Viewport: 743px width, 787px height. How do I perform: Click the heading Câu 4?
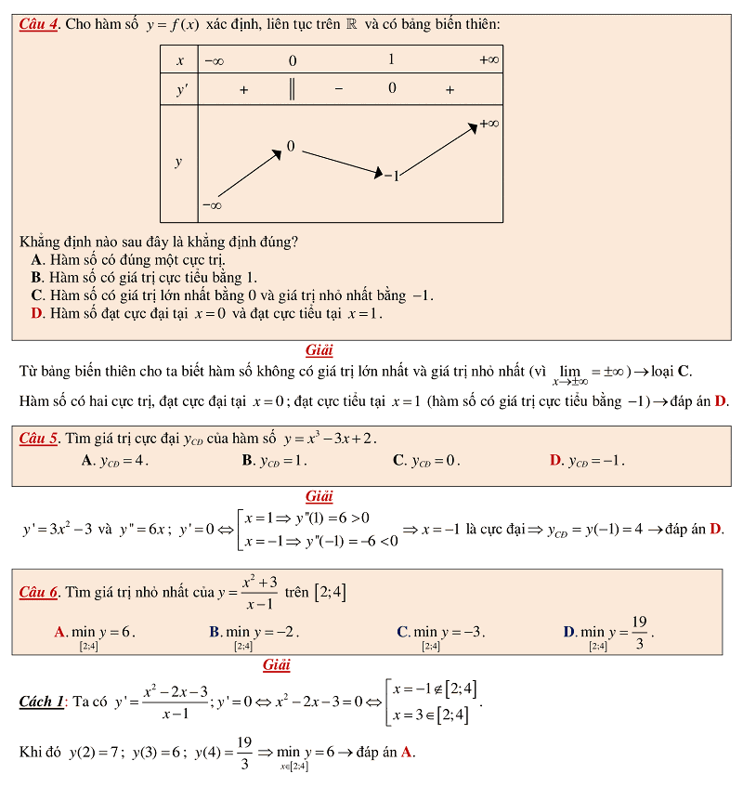39,24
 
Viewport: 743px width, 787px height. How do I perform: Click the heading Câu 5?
39,438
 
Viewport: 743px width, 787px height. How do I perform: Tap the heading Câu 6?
39,592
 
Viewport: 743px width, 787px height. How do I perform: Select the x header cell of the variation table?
179,60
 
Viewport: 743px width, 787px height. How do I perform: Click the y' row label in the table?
179,90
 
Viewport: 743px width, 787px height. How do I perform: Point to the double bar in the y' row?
293,90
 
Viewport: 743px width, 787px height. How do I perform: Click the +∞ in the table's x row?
489,60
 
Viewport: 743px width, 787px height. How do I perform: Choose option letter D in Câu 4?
37,313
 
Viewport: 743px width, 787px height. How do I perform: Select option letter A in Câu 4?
37,259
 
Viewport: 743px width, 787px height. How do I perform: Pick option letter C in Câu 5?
398,460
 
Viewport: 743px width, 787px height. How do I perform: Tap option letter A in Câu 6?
59,632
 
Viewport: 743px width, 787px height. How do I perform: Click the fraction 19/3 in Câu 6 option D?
639,632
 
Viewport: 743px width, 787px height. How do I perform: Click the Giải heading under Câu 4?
319,350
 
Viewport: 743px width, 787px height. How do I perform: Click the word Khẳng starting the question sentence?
44,242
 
